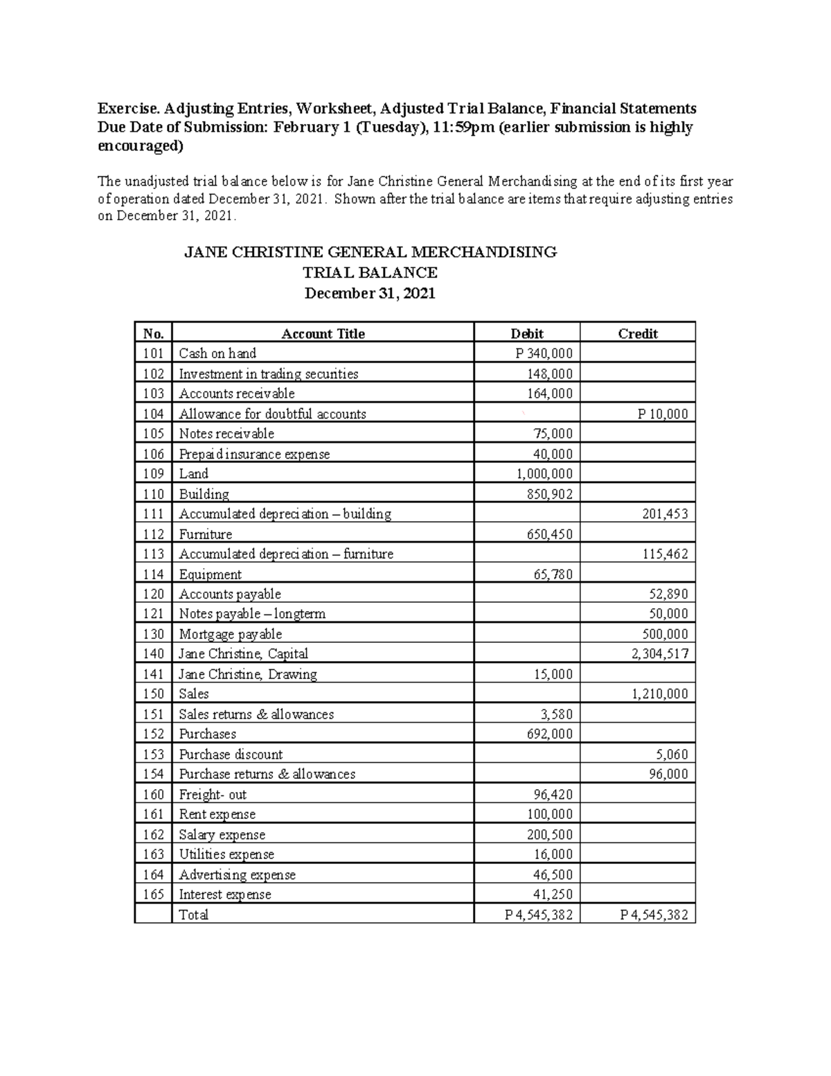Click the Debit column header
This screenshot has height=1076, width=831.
point(527,333)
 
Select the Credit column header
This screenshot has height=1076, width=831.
point(637,333)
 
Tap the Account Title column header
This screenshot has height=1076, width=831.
point(323,333)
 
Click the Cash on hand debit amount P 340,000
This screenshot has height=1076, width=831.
point(544,353)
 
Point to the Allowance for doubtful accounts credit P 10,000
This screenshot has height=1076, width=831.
point(662,414)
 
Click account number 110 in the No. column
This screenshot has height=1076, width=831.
point(153,494)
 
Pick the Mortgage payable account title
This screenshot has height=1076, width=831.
point(230,634)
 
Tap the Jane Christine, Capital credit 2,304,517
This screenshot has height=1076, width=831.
point(659,653)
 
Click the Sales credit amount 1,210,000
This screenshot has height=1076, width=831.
point(659,694)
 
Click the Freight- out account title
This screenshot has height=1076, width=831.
point(213,795)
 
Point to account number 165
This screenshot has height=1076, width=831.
point(153,894)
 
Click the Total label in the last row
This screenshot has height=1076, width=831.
point(193,915)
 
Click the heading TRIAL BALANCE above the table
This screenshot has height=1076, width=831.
point(370,272)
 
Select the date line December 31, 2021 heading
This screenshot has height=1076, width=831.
point(370,293)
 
